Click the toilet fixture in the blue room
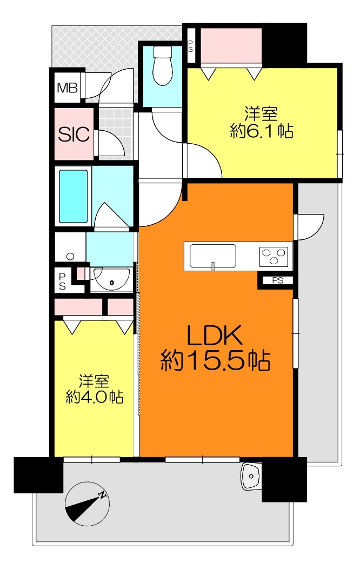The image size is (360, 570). coord(162,66)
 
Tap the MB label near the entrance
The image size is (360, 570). coord(67,88)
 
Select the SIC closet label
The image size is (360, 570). coord(74,134)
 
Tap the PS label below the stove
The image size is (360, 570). coord(278,280)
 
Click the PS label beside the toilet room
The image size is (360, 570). coord(190,46)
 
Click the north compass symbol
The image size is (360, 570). coord(87,504)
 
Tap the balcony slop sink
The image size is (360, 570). coord(251,476)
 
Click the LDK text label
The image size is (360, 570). coord(215,336)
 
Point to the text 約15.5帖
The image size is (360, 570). coord(215,360)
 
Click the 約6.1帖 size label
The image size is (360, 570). coord(262,131)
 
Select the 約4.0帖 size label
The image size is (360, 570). coord(94,397)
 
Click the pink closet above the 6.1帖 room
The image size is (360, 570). coord(231,45)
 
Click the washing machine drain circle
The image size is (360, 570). coord(71,257)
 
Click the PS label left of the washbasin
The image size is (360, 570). coord(62,280)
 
